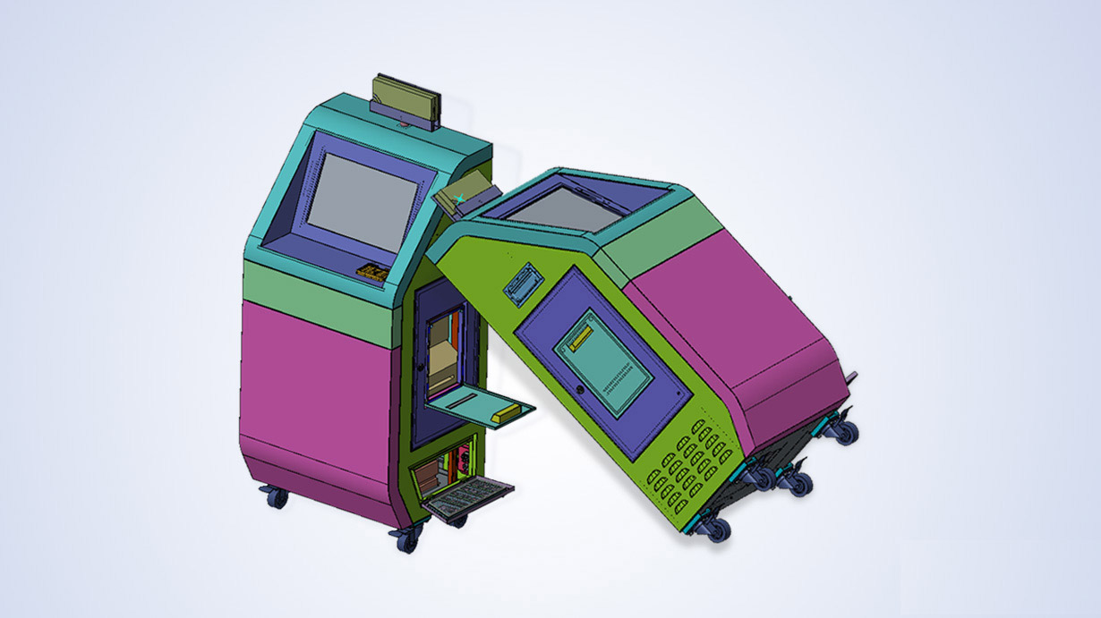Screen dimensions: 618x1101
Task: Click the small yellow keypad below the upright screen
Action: click(372, 270)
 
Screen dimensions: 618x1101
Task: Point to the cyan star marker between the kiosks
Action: click(460, 197)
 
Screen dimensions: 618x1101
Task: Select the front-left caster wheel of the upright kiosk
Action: click(405, 539)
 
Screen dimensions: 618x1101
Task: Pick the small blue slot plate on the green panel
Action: click(523, 285)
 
